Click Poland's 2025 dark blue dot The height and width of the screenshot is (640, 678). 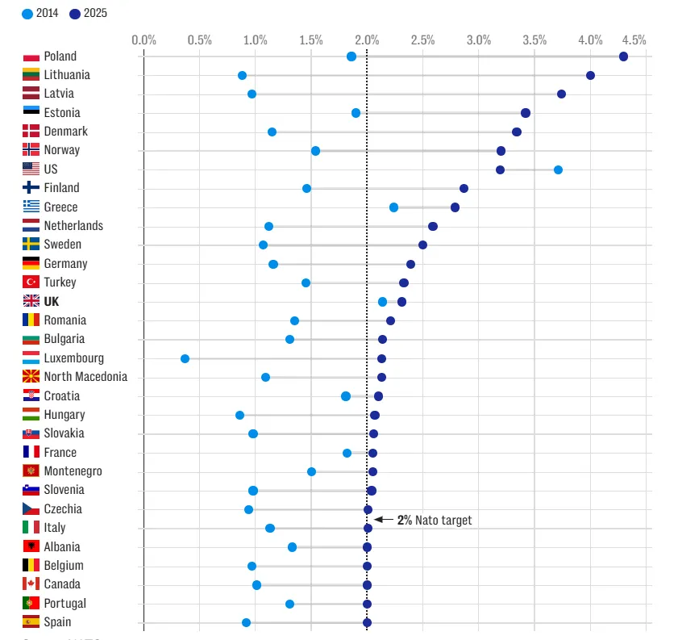click(x=623, y=56)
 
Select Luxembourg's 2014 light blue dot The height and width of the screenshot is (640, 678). click(x=185, y=358)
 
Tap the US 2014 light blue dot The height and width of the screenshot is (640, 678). click(x=558, y=169)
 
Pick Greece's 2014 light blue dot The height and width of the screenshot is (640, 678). click(x=393, y=207)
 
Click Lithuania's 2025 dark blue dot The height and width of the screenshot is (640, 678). click(x=590, y=75)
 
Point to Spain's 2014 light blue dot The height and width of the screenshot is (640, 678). click(x=246, y=622)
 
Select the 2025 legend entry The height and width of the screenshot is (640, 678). click(x=89, y=13)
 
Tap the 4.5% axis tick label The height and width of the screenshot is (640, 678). click(x=634, y=40)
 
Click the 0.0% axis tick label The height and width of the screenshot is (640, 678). click(x=144, y=40)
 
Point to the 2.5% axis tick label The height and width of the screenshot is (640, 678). click(x=422, y=40)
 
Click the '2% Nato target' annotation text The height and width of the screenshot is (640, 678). click(x=435, y=521)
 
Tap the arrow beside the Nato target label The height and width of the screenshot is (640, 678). click(x=384, y=520)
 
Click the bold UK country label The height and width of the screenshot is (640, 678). click(x=52, y=302)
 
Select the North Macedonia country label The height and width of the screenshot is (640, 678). click(x=85, y=377)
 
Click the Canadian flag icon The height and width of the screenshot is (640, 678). click(x=31, y=584)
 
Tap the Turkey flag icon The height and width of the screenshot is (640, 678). click(x=31, y=282)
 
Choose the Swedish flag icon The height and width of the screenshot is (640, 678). click(x=31, y=245)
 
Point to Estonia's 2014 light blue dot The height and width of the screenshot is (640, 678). click(x=356, y=113)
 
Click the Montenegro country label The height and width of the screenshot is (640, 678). click(x=73, y=471)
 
